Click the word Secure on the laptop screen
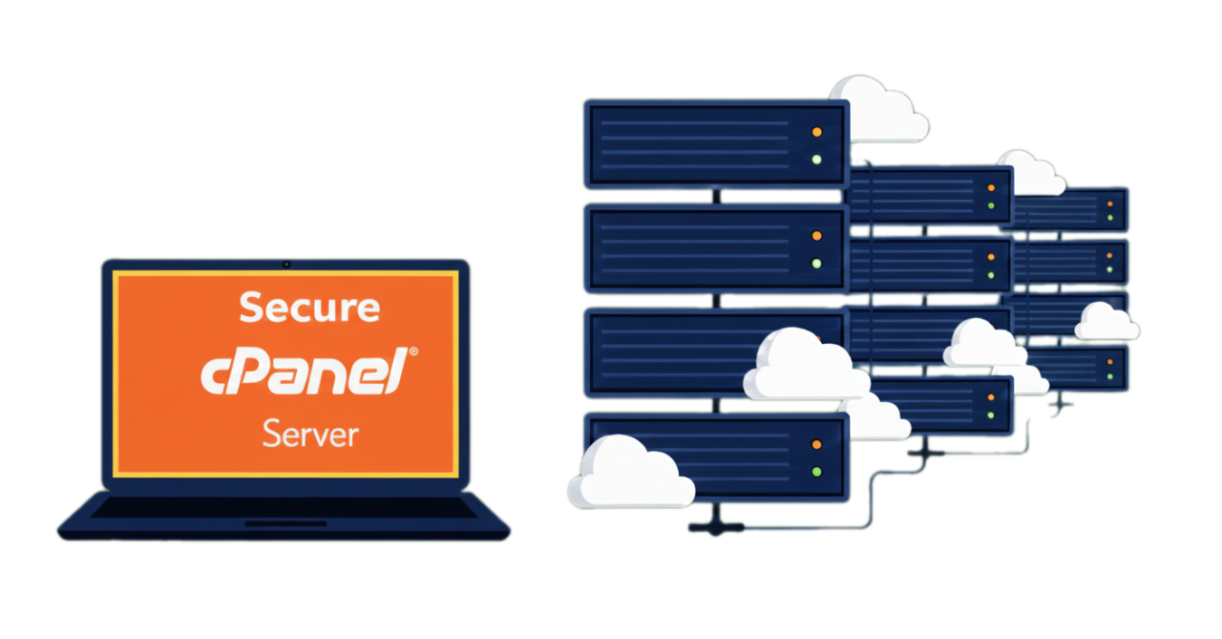pyautogui.click(x=308, y=308)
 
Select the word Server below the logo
pyautogui.click(x=310, y=434)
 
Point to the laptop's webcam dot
pyautogui.click(x=285, y=264)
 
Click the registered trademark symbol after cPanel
pyautogui.click(x=412, y=352)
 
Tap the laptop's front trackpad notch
pyautogui.click(x=284, y=523)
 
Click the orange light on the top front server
pyautogui.click(x=816, y=132)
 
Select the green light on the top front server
pyautogui.click(x=816, y=159)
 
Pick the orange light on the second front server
pyautogui.click(x=816, y=236)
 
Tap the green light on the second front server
pyautogui.click(x=816, y=263)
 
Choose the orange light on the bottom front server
pyautogui.click(x=816, y=444)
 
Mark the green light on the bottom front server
pyautogui.click(x=816, y=471)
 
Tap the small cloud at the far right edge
pyautogui.click(x=1106, y=321)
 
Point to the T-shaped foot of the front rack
pyautogui.click(x=714, y=527)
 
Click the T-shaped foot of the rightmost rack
pyautogui.click(x=1060, y=405)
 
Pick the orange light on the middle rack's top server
pyautogui.click(x=991, y=189)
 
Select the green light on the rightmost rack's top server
pyautogui.click(x=1109, y=218)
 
